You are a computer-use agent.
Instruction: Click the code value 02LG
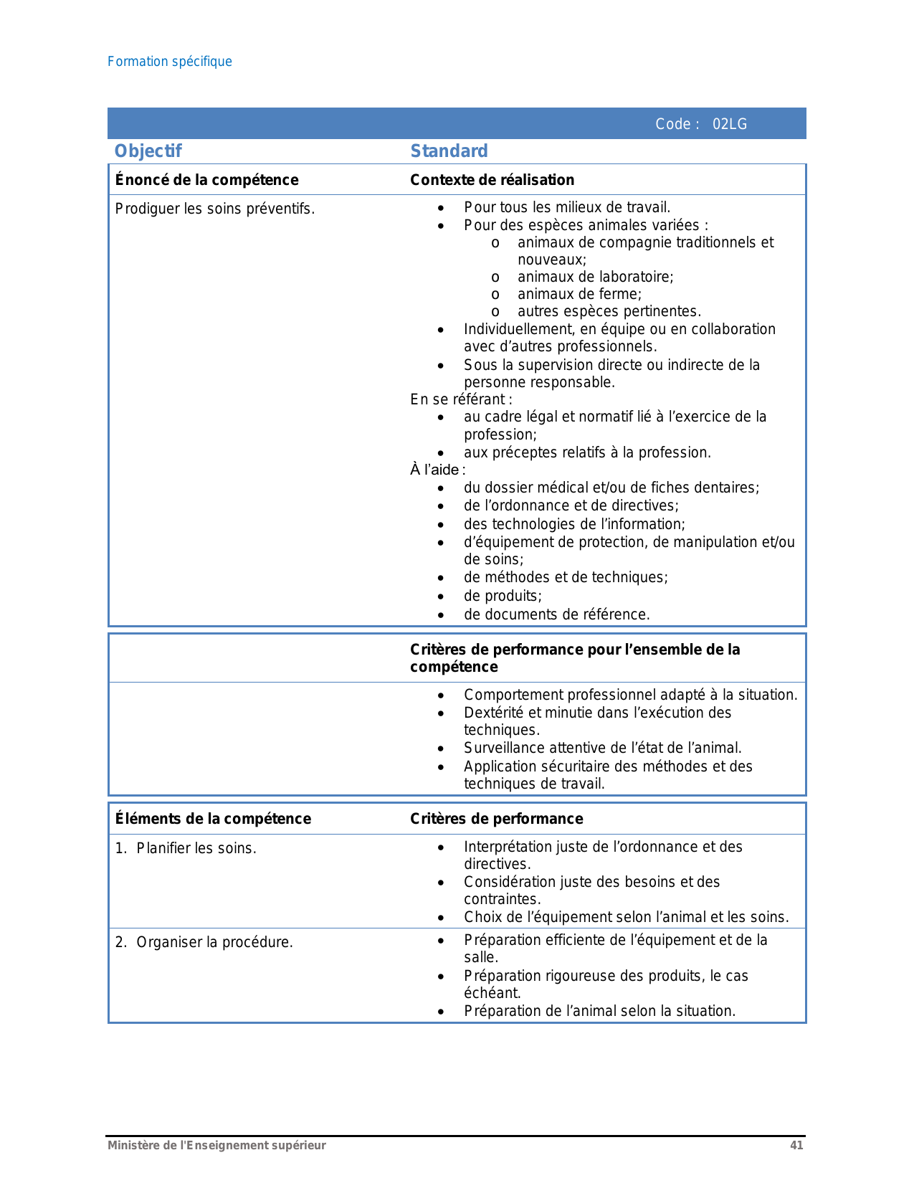point(729,124)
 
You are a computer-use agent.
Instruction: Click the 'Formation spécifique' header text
point(170,62)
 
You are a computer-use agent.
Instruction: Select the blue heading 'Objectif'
point(148,151)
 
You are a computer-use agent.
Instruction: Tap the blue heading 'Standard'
point(449,151)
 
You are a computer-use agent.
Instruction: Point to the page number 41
point(796,1145)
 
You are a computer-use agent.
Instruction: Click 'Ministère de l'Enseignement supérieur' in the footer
point(216,1145)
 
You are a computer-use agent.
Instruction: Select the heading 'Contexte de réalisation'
point(492,180)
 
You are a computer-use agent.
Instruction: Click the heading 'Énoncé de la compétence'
point(206,180)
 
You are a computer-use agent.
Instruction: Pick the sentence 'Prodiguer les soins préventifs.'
point(215,209)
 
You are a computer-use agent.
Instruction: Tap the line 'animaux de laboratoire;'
point(595,277)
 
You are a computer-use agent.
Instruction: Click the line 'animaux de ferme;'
point(579,294)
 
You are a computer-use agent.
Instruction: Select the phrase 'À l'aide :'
point(437,470)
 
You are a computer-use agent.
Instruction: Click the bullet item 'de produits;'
point(503,596)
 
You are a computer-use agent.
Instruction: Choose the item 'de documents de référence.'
point(556,614)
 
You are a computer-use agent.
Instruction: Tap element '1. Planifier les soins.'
point(186,848)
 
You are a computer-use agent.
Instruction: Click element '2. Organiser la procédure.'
point(204,942)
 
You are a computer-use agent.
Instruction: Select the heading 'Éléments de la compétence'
point(213,819)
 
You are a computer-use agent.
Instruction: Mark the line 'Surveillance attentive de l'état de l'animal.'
point(602,748)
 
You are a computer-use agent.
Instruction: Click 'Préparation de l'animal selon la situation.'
point(599,1011)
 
